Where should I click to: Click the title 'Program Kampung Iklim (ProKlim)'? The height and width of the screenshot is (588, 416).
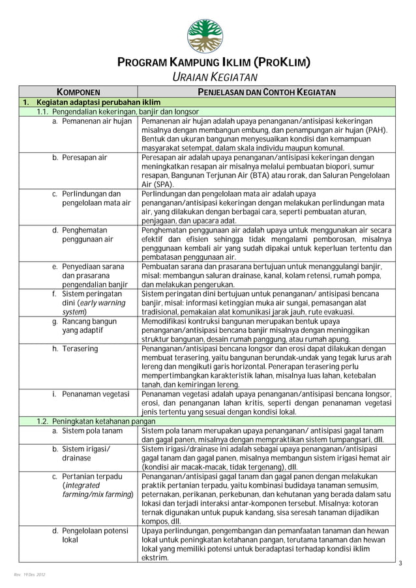pos(208,64)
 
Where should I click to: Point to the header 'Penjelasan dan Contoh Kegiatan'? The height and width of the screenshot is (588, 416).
pos(267,92)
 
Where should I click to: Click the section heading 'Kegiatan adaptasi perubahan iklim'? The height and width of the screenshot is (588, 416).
pos(98,103)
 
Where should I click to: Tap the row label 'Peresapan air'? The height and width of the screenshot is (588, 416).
pos(85,158)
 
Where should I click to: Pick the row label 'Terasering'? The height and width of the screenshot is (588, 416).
pos(80,348)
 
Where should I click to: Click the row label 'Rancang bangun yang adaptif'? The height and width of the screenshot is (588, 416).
pos(89,326)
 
